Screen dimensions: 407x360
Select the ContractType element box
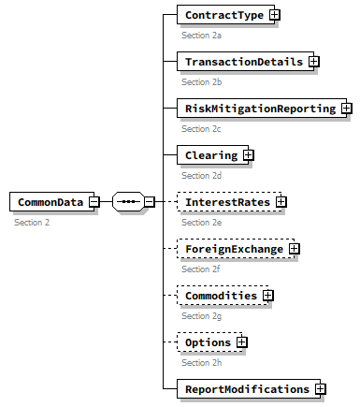point(223,15)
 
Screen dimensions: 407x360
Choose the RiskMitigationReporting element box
point(259,109)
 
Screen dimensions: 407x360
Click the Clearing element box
point(209,155)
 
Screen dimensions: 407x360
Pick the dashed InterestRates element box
point(225,202)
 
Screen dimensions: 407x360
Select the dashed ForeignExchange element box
point(232,249)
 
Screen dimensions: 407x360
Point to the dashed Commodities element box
point(219,296)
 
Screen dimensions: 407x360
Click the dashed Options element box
point(206,342)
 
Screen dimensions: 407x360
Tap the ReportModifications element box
point(246,389)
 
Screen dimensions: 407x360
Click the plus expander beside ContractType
point(275,15)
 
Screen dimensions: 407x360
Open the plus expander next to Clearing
point(249,155)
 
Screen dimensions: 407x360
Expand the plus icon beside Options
point(242,342)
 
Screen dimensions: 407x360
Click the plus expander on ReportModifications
point(321,389)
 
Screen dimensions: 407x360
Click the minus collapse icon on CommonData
point(94,202)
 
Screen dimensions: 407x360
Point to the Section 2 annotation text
point(33,223)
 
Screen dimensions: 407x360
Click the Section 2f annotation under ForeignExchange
point(201,269)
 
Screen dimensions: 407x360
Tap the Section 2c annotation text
point(201,129)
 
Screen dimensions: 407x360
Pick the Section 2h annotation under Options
point(201,363)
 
